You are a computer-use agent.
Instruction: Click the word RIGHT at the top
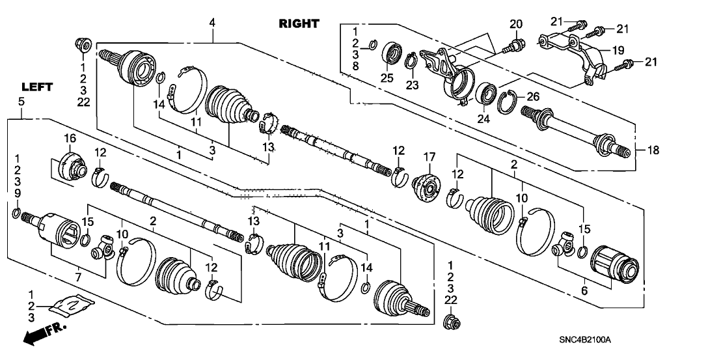(x=299, y=24)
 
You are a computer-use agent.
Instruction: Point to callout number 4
(x=211, y=23)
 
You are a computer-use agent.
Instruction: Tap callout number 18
(x=653, y=150)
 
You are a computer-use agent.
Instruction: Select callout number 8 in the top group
(x=355, y=66)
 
